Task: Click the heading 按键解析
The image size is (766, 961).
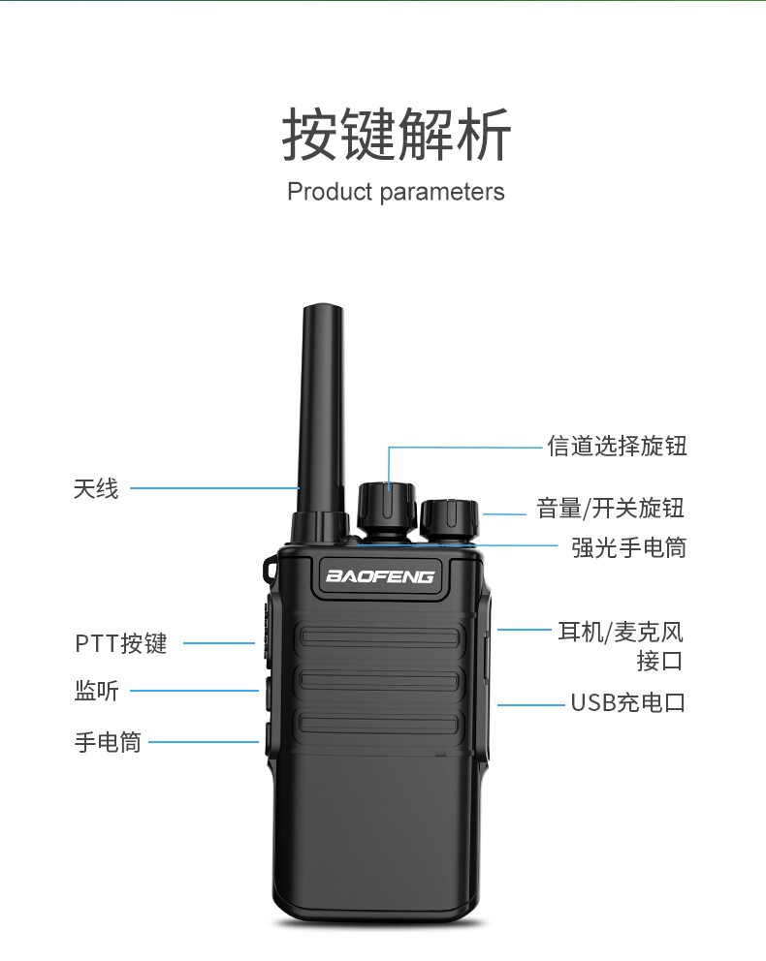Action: (396, 136)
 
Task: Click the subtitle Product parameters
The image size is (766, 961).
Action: (396, 192)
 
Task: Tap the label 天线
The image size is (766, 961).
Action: (96, 488)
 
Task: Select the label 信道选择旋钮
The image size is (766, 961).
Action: (617, 447)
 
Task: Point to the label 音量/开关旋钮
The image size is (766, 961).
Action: (611, 508)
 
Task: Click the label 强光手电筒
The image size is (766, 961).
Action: (628, 548)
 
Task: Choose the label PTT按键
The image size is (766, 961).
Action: (121, 643)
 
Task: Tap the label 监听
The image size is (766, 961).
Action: (96, 691)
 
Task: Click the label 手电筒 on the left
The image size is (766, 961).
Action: (108, 743)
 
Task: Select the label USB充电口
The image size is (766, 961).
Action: (627, 703)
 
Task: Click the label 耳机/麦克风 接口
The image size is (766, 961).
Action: (622, 646)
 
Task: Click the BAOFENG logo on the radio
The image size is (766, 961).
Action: (380, 576)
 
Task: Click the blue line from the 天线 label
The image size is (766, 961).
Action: (213, 488)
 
